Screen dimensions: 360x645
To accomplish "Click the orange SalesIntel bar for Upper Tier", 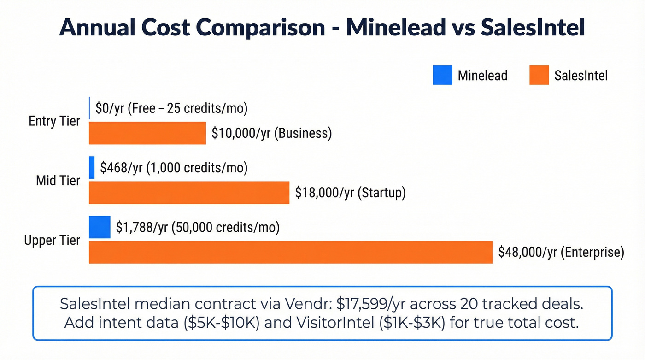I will tap(290, 252).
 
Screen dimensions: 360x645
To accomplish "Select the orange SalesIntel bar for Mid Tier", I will tap(189, 192).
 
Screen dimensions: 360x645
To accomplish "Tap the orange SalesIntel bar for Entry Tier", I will tap(147, 133).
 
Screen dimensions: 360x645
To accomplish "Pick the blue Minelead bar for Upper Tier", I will tap(100, 227).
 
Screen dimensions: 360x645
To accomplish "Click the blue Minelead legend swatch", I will tap(442, 75).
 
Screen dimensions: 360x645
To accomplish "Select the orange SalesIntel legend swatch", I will tap(539, 75).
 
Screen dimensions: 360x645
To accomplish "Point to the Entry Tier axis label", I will tap(54, 121).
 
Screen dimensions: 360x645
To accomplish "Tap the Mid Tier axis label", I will tap(58, 181).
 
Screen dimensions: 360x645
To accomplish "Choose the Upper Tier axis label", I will tap(52, 240).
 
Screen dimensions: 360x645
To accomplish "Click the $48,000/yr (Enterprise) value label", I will tap(561, 252).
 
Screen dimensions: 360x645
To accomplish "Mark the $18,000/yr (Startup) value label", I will tap(350, 192).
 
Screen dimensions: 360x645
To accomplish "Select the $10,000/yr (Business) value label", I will tap(271, 133).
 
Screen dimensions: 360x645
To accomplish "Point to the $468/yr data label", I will tap(174, 168).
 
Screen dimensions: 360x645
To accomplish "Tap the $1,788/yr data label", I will tap(198, 227).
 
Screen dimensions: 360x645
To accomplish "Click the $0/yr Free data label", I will tap(171, 108).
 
